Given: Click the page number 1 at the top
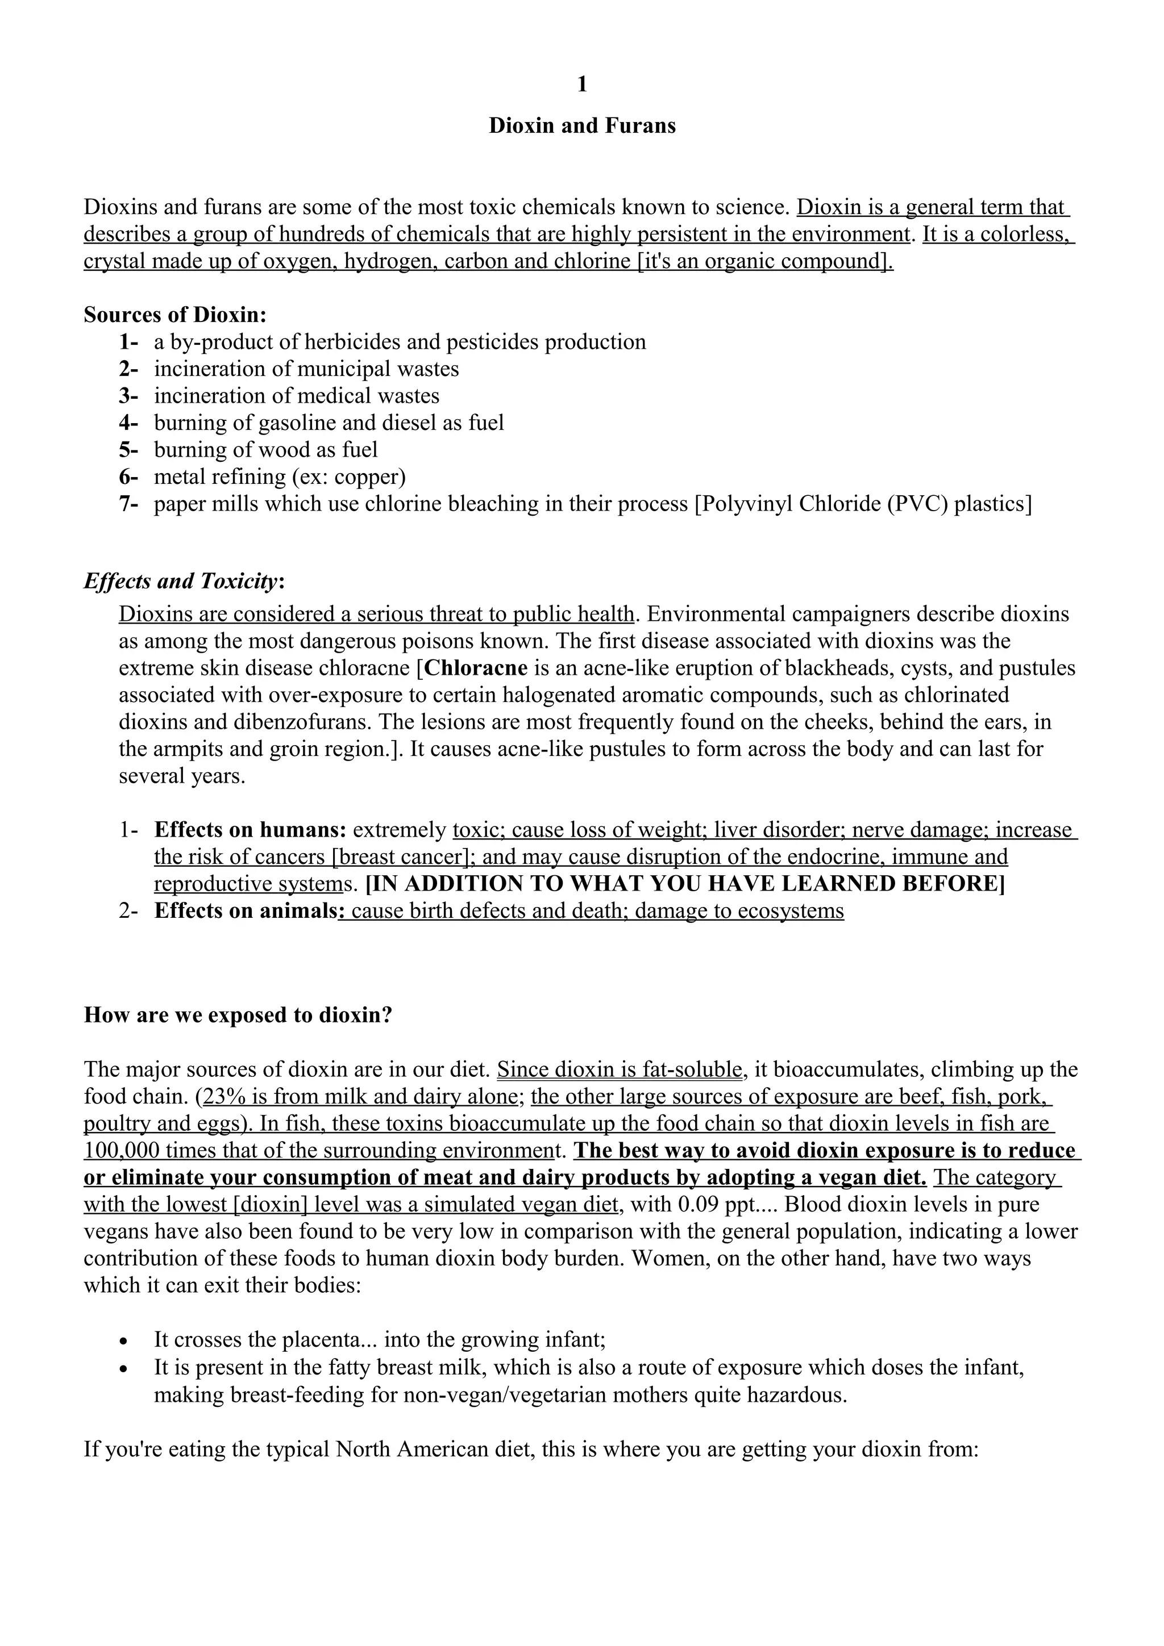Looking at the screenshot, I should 581,85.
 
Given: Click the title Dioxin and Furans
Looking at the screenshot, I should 581,126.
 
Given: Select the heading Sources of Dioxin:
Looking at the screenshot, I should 175,315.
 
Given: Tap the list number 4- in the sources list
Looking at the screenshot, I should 128,423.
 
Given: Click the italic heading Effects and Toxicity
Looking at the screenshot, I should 181,580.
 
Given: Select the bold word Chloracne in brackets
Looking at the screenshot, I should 476,668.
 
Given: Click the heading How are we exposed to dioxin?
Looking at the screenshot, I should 238,1015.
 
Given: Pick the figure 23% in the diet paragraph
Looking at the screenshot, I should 225,1097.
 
